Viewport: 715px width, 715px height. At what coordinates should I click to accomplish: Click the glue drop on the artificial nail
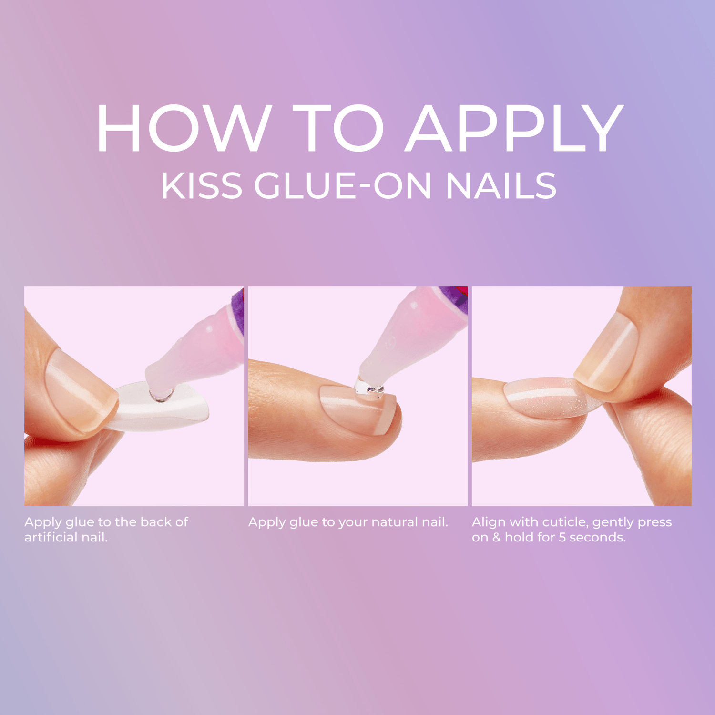[161, 395]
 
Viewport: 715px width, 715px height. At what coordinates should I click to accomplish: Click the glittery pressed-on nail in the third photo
[548, 398]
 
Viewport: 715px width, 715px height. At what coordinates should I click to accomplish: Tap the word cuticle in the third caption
[564, 522]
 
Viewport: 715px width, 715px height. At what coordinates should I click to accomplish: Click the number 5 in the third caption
[562, 537]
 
